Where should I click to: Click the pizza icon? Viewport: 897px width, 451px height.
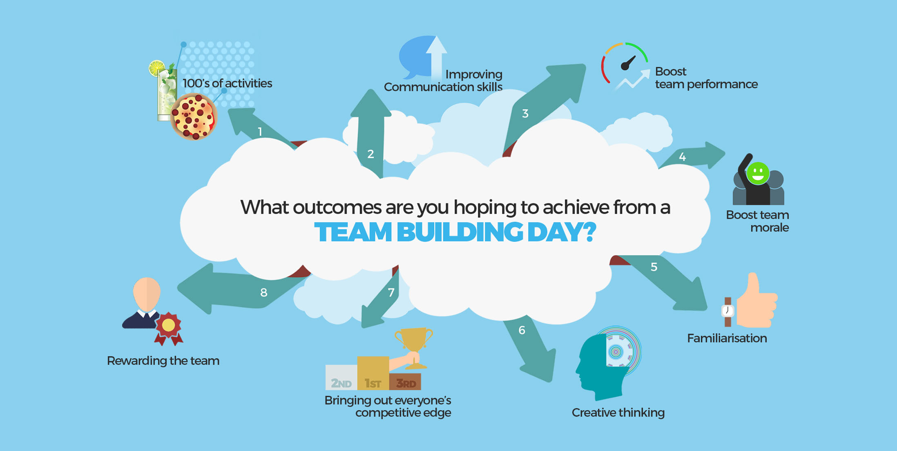point(194,117)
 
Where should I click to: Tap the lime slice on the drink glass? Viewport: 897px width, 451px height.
point(156,68)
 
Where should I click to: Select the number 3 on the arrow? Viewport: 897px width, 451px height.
point(525,114)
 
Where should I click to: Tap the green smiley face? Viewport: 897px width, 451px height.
point(758,173)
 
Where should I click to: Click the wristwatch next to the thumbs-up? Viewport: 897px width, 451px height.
point(727,312)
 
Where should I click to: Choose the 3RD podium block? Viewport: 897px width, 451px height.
point(405,382)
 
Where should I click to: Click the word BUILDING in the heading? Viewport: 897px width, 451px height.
point(460,232)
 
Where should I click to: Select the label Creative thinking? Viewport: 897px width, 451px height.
point(618,413)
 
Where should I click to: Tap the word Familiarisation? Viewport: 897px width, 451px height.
point(727,338)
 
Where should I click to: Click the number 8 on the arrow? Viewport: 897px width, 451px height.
point(264,292)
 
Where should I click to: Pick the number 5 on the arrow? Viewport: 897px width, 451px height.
point(654,267)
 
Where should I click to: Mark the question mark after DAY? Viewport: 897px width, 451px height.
point(590,232)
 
